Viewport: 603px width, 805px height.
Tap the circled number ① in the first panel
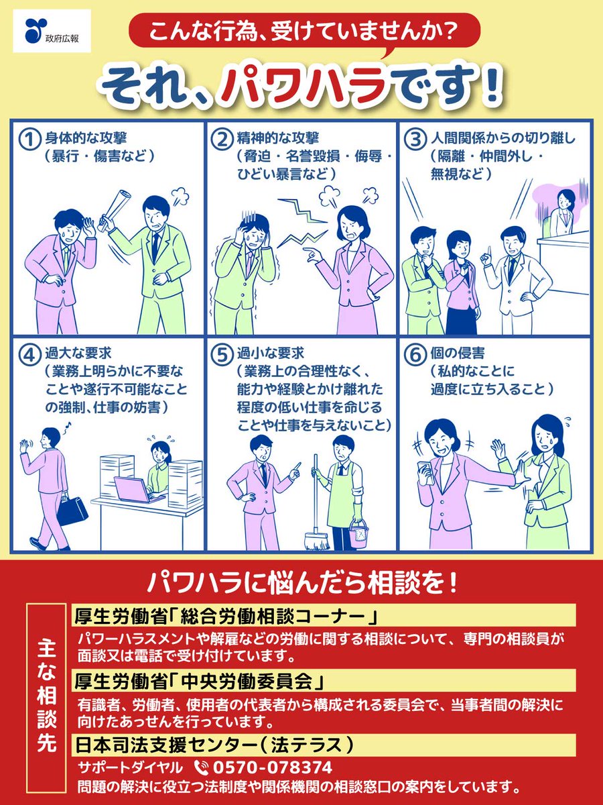[28, 140]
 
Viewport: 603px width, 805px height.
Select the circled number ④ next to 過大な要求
[28, 355]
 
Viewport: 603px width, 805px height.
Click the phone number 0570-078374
[272, 767]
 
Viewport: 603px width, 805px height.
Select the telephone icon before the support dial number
[200, 767]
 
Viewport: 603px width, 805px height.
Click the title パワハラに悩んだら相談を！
[301, 580]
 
